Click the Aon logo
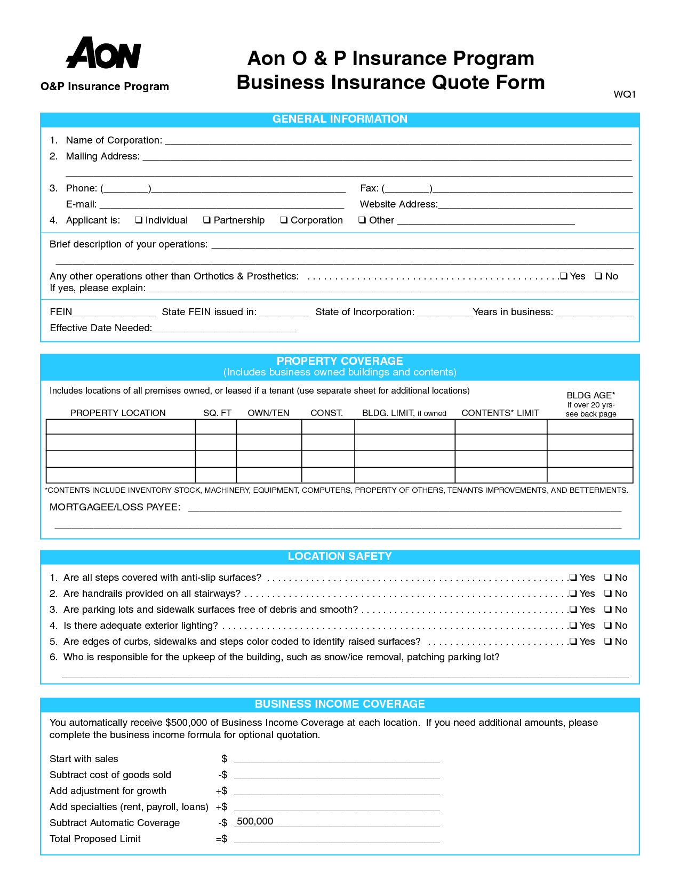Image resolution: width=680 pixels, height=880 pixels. point(103,53)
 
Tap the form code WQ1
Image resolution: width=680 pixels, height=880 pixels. point(625,94)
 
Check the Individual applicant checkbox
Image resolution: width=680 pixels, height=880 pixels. point(139,220)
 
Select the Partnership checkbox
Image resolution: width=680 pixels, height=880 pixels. point(207,220)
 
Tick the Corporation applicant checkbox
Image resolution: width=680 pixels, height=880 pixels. point(284,220)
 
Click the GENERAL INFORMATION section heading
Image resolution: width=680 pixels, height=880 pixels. point(340,119)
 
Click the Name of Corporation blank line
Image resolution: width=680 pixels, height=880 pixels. point(398,141)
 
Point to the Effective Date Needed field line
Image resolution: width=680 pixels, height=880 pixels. point(224,329)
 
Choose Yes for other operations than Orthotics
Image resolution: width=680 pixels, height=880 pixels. point(564,276)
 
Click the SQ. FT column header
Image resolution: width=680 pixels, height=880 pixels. point(217,413)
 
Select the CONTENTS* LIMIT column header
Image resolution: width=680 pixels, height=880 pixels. point(500,413)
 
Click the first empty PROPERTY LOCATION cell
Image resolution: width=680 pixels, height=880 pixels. point(121,427)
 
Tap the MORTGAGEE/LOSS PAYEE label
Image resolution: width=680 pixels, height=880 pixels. point(115,507)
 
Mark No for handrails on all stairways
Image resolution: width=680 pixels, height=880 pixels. point(608,594)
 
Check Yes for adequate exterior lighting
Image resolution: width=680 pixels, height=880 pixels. point(573,626)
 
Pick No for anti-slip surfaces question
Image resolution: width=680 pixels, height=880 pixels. point(608,578)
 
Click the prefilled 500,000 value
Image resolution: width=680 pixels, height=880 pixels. point(255,822)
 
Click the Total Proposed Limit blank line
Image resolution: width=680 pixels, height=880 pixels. point(337,840)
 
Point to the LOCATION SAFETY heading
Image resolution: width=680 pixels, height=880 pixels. point(340,557)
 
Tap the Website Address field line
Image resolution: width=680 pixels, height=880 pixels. point(535,205)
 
